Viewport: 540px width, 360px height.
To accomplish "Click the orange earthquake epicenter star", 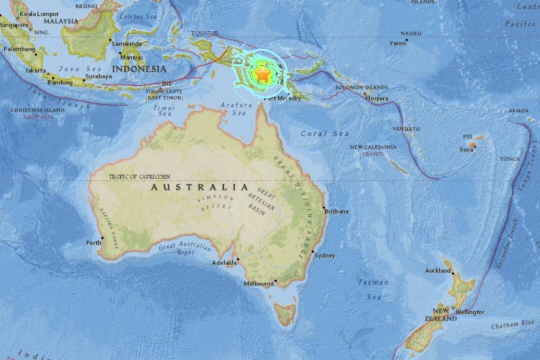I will (261, 74).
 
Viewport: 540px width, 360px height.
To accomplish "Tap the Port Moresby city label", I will (280, 97).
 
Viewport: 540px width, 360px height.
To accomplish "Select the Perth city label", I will (93, 243).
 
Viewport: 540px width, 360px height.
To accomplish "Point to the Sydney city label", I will (325, 255).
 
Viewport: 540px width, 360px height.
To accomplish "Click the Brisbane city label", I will (337, 211).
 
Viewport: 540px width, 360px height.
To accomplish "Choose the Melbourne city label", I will (258, 283).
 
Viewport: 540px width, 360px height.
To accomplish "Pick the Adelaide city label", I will (223, 262).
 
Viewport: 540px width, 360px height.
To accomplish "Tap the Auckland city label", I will (437, 271).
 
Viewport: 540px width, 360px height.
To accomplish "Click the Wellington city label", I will (470, 312).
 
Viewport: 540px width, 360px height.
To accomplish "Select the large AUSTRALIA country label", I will (199, 187).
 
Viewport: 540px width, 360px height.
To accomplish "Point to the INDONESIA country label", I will (139, 68).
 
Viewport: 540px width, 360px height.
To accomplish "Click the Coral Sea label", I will (325, 133).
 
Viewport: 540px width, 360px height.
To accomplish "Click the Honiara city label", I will (377, 98).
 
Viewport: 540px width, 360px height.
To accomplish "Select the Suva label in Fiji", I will (466, 149).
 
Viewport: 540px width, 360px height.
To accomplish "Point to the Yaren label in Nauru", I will (398, 43).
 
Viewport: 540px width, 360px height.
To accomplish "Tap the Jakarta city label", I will (35, 71).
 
